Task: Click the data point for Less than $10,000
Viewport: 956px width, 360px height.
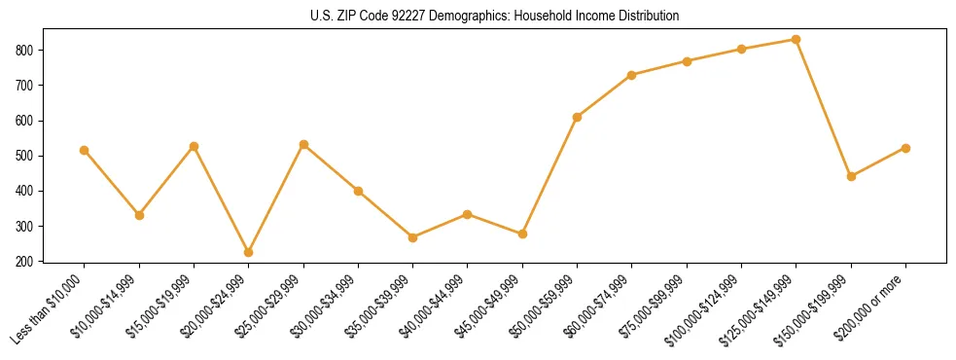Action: coord(85,150)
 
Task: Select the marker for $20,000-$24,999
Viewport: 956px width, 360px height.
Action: coord(249,252)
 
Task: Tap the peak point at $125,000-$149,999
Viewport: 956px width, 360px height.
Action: coord(797,40)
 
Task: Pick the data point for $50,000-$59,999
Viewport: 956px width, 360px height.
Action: coord(578,117)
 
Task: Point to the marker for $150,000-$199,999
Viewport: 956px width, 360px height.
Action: coord(851,176)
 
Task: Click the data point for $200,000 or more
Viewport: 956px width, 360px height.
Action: coord(906,148)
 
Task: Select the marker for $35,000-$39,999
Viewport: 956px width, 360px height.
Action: coord(413,237)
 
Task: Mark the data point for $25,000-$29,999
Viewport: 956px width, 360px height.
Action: coord(303,144)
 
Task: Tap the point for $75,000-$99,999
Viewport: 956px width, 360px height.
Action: coord(687,61)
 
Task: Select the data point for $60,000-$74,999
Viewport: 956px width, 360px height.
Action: coord(632,75)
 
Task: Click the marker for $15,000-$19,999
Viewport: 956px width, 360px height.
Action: coord(194,146)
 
